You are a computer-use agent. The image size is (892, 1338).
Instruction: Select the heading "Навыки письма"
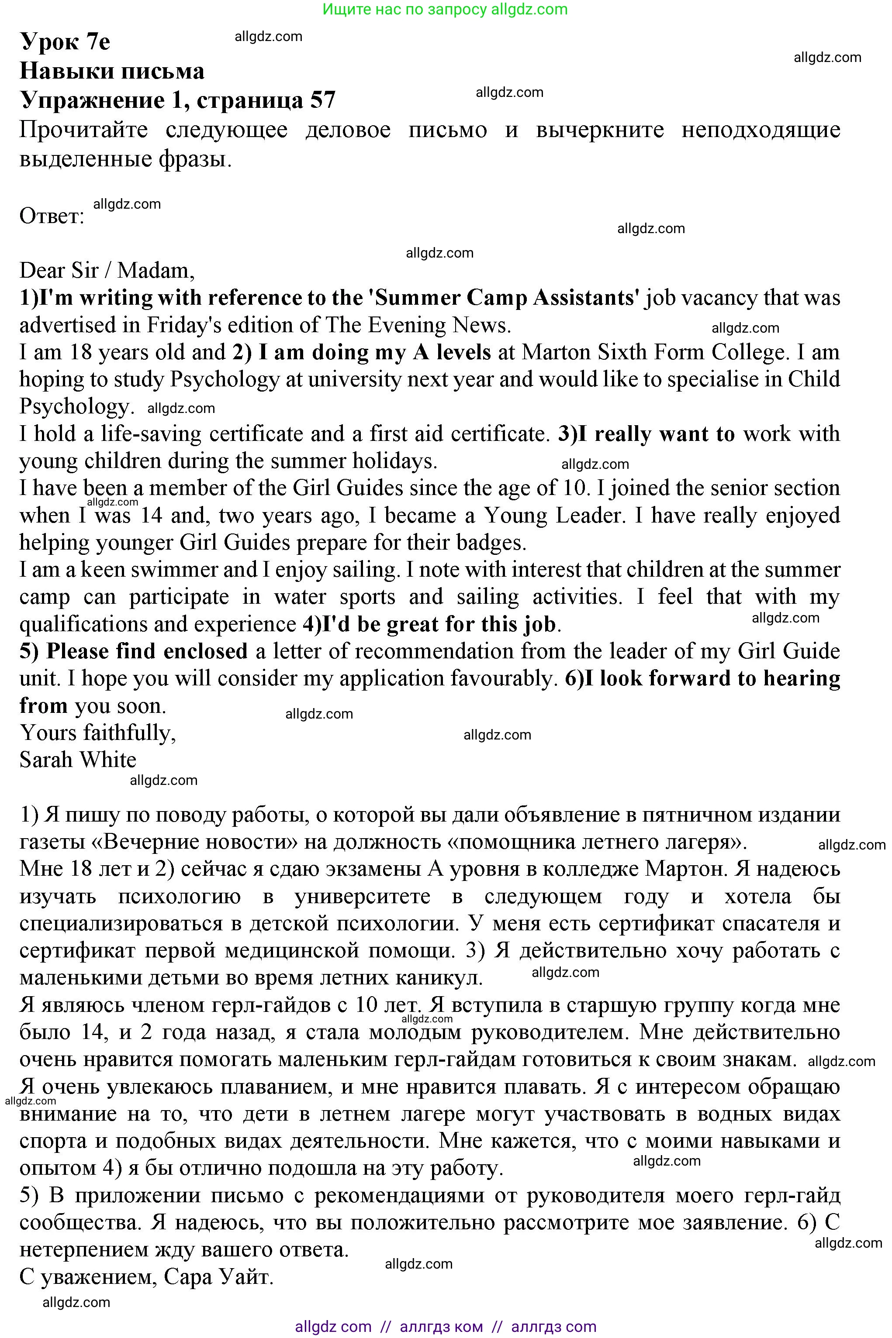112,71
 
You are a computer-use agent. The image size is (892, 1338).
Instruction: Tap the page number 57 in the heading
322,100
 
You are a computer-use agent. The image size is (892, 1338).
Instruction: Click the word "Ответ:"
52,216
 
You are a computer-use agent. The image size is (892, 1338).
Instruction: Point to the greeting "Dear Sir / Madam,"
107,271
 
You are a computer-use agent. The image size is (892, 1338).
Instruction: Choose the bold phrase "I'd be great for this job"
439,624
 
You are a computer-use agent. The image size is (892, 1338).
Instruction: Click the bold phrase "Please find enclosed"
147,651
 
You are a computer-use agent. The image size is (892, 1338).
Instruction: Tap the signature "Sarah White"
78,760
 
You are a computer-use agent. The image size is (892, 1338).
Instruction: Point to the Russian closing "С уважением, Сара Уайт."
147,1277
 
